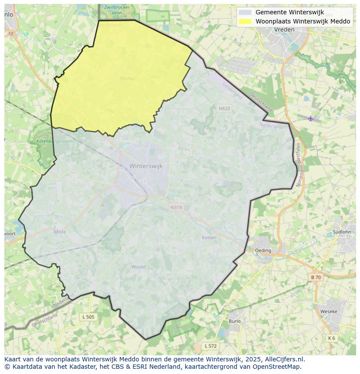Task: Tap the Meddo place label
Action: tap(127, 79)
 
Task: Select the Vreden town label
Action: tap(284, 30)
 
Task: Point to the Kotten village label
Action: tap(209, 238)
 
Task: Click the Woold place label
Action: tap(139, 267)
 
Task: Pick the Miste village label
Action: tap(60, 232)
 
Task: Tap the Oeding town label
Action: tap(263, 251)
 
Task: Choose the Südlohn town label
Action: tap(342, 232)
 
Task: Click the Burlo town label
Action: tap(234, 321)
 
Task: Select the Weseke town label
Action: tap(329, 311)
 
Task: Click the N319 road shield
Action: tap(176, 208)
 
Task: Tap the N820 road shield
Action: tap(224, 108)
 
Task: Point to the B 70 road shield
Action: tap(316, 277)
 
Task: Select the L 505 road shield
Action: tap(88, 317)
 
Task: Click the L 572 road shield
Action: tap(210, 346)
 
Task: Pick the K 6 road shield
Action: tap(332, 338)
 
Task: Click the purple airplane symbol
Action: tap(310, 118)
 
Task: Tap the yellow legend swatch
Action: tap(245, 21)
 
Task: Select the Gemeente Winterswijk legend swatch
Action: tap(245, 12)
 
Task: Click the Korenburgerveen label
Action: tap(48, 142)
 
